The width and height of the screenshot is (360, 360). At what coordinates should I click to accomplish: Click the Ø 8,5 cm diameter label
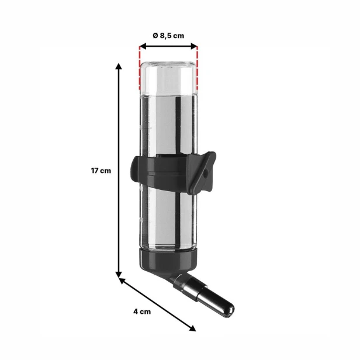168,36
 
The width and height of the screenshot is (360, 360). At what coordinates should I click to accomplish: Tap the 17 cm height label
101,171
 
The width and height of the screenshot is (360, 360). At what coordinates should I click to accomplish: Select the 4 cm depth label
142,311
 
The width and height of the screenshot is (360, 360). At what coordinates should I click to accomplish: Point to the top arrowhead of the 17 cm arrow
119,66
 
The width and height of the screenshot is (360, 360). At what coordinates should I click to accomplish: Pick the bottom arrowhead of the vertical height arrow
119,274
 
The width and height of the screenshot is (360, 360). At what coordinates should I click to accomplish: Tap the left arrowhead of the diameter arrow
143,46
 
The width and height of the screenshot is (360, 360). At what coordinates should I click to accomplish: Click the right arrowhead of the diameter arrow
194,46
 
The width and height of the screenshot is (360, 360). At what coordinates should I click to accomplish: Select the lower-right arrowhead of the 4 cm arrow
192,328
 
